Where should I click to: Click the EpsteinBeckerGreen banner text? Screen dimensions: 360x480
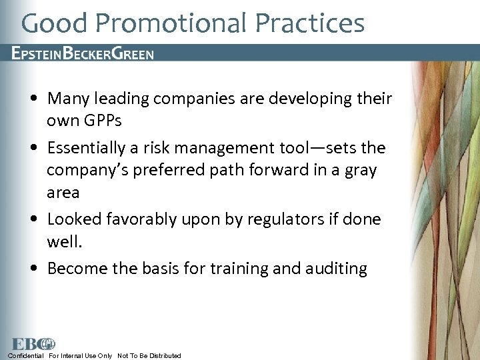click(83, 54)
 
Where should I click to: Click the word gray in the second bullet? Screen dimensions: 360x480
click(361, 170)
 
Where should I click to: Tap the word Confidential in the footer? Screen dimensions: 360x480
click(26, 356)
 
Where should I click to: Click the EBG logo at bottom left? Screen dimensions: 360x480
click(33, 344)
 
